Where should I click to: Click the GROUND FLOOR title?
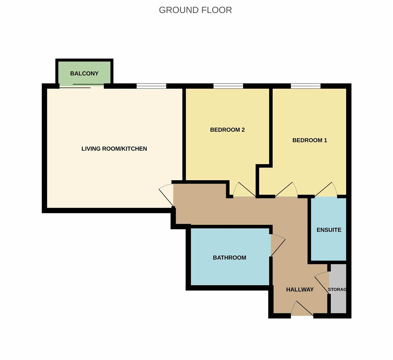(x=195, y=10)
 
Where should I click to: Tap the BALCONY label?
(x=84, y=73)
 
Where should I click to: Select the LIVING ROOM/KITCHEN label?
(x=114, y=149)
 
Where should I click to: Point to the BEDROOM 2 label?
(x=227, y=130)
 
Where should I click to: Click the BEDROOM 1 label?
(x=310, y=140)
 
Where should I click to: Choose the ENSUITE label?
(x=329, y=230)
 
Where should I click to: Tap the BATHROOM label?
(x=229, y=258)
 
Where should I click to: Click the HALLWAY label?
(x=300, y=289)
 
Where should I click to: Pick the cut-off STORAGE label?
(x=337, y=289)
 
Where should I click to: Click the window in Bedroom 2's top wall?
(x=228, y=86)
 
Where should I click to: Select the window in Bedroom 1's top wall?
(x=306, y=86)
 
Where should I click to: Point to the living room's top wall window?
(x=151, y=86)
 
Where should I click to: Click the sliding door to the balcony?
(x=82, y=86)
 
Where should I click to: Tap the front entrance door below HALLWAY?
(x=302, y=308)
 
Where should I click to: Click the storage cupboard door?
(x=322, y=283)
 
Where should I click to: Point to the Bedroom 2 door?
(x=244, y=189)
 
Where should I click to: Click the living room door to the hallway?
(x=166, y=196)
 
